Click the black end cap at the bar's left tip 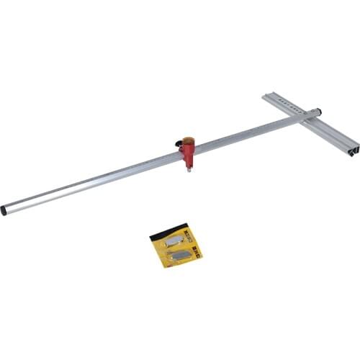pyautogui.click(x=4, y=210)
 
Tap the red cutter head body pyautogui.click(x=188, y=153)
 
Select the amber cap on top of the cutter pyautogui.click(x=189, y=139)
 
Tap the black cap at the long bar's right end pyautogui.click(x=318, y=112)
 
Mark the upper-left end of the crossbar pyautogui.click(x=267, y=96)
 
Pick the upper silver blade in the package pyautogui.click(x=174, y=240)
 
